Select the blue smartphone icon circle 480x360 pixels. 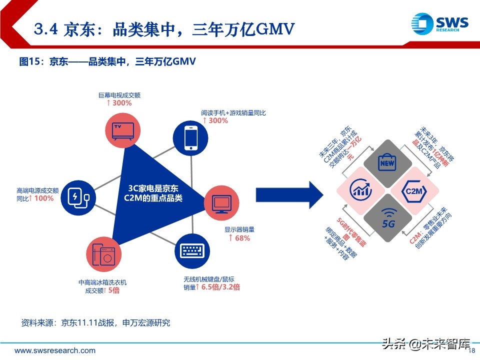(x=190, y=137)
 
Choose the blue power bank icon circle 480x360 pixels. (x=77, y=197)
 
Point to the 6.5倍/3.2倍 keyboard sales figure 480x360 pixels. (x=220, y=287)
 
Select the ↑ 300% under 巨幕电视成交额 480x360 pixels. (x=118, y=102)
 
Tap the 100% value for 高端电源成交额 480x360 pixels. (x=43, y=198)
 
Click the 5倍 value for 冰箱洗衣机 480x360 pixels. (x=113, y=290)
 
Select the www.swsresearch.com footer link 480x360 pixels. (x=55, y=350)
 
